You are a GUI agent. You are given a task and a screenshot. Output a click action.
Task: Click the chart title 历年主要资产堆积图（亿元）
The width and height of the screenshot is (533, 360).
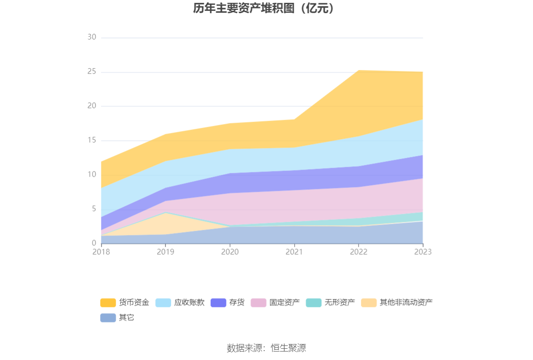(266, 8)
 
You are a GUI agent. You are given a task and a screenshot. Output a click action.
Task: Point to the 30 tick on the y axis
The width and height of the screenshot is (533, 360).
(92, 38)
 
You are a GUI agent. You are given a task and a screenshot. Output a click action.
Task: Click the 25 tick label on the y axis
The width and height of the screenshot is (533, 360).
(92, 72)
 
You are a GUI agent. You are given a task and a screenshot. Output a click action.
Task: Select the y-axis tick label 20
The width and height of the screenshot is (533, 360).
(92, 106)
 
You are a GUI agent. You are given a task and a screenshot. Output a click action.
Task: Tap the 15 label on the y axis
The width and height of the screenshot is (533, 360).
(92, 141)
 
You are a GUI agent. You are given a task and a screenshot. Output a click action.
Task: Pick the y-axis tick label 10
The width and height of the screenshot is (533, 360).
(92, 175)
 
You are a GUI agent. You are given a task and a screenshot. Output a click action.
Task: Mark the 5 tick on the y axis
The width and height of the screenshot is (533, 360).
(94, 209)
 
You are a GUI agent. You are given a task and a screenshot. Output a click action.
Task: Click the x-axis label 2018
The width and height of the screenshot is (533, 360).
(101, 252)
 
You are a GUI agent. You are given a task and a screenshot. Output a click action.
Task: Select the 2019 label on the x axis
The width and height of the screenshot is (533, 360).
(165, 252)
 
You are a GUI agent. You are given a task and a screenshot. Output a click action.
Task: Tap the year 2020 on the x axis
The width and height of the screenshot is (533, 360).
(230, 252)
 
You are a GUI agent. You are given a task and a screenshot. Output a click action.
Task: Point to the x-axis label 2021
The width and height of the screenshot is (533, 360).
(294, 252)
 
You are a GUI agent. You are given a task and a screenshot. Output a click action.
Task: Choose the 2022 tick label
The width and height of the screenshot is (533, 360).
(359, 252)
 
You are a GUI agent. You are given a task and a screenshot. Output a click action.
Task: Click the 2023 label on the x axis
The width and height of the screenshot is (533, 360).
(423, 252)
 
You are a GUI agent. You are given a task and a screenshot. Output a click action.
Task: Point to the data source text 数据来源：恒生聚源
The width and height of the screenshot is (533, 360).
(266, 348)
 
